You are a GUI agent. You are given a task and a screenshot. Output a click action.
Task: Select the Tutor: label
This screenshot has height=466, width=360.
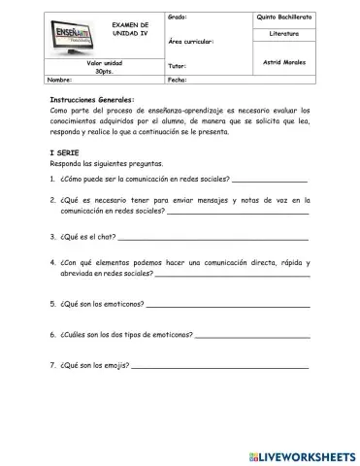(178, 66)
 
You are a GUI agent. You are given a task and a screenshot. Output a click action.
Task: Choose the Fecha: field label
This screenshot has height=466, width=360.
(179, 80)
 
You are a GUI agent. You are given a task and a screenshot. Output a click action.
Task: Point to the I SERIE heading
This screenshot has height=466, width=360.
(66, 152)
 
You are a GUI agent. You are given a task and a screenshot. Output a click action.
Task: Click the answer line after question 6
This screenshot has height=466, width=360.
(252, 337)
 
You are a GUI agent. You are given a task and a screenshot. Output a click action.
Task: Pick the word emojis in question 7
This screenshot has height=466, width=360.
(115, 367)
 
